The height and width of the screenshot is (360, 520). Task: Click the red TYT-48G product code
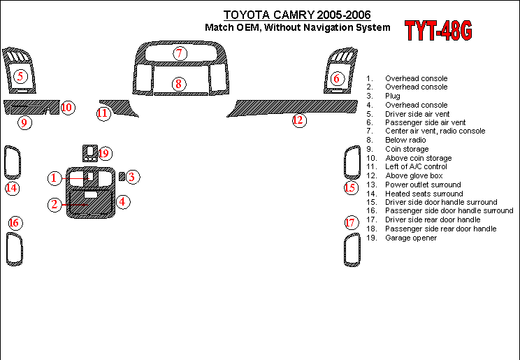[438, 31]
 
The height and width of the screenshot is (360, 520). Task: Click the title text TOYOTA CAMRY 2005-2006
[297, 15]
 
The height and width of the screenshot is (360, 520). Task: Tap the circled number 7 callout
[180, 53]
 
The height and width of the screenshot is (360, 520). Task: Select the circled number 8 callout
[179, 84]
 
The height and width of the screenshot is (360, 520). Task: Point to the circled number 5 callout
[20, 76]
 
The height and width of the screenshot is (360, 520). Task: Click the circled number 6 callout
[337, 78]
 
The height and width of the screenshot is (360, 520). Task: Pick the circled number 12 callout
[299, 120]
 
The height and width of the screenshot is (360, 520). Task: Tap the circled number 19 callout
[104, 153]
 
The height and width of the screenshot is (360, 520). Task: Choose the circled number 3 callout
[132, 177]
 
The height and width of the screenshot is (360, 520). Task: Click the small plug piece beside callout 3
[122, 177]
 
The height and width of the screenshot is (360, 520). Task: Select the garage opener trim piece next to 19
[90, 153]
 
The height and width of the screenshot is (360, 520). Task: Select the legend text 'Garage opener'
[411, 238]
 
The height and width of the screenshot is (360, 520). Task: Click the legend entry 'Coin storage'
[407, 149]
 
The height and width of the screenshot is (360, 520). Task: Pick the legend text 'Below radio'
[405, 140]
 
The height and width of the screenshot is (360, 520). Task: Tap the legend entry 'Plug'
[393, 96]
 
